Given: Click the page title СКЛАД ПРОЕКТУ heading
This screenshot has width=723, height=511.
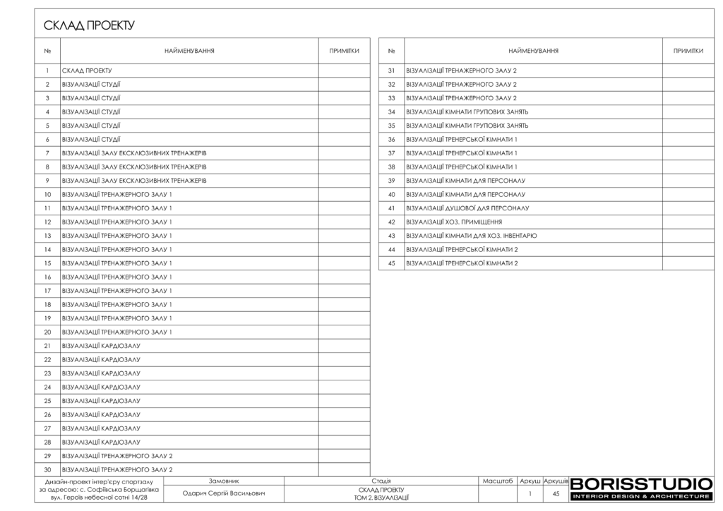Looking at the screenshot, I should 89,26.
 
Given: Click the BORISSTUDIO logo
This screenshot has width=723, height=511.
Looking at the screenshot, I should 640,488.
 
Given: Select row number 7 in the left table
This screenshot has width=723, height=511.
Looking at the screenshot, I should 47,153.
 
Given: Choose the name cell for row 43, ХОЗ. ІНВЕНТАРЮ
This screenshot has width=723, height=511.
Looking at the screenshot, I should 471,236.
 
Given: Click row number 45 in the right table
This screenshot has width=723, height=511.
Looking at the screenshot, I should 391,263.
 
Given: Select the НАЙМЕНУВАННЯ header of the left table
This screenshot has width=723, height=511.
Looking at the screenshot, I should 189,52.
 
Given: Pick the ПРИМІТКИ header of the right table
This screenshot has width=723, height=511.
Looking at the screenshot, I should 688,52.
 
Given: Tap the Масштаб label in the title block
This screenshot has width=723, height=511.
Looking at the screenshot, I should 497,481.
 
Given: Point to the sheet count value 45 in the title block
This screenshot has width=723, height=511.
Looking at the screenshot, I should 556,494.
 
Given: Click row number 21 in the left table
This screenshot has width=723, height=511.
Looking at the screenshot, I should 47,346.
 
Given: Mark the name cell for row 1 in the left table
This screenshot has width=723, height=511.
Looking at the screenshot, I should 88,71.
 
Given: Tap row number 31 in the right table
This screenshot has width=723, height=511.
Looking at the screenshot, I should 391,71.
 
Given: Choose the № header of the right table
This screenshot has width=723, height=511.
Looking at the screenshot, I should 391,52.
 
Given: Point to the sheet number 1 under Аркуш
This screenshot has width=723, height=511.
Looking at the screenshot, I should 530,494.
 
